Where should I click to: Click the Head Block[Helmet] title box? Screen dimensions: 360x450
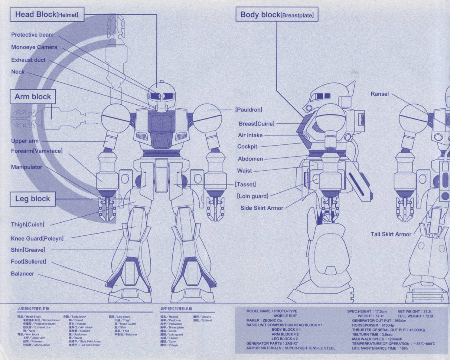[x=47, y=15]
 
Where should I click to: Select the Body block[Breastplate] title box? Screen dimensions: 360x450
[x=277, y=15]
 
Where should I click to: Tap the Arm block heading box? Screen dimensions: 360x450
[x=33, y=97]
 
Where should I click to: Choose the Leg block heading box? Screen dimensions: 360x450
[x=33, y=199]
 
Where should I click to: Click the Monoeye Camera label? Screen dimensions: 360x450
[x=34, y=47]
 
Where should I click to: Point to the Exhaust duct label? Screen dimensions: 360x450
[x=28, y=60]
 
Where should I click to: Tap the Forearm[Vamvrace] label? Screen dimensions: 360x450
[x=37, y=151]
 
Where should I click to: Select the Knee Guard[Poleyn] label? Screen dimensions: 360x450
[x=37, y=238]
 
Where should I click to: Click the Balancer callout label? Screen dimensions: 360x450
[x=22, y=273]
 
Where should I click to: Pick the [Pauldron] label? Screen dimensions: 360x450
[x=249, y=110]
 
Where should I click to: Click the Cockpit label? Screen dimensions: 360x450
[x=247, y=146]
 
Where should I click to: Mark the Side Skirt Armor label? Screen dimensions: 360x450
[x=262, y=208]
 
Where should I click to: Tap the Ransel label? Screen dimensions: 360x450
[x=380, y=94]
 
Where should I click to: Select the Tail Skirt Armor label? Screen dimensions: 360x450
[x=391, y=234]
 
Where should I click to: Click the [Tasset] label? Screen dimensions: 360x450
[x=245, y=184]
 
